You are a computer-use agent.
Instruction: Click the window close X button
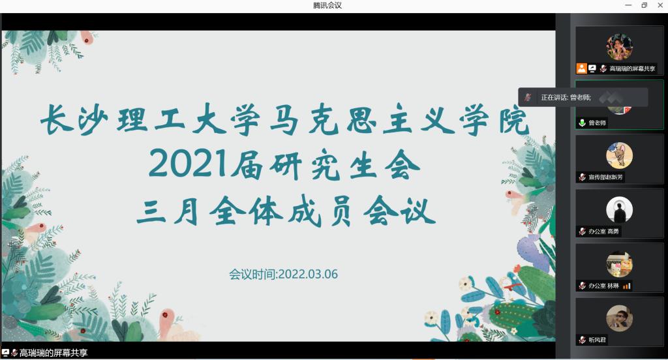[x=660, y=5]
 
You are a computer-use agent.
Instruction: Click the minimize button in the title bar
[x=628, y=5]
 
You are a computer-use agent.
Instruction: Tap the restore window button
[x=644, y=5]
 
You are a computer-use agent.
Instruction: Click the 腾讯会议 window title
[x=327, y=5]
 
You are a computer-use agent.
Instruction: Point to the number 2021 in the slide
[x=187, y=163]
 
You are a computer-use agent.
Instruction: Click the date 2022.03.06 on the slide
[x=308, y=274]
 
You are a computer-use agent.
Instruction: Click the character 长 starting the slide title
[x=56, y=119]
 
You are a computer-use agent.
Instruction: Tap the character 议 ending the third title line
[x=419, y=211]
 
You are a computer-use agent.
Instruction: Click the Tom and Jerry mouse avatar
[x=620, y=155]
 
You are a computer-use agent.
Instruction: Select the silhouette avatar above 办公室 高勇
[x=620, y=209]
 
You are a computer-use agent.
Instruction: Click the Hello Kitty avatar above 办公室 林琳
[x=620, y=264]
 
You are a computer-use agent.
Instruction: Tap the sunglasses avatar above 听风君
[x=620, y=318]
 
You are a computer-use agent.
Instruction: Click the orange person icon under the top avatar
[x=581, y=68]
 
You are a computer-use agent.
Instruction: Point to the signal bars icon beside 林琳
[x=626, y=286]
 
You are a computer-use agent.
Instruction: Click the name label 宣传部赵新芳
[x=605, y=177]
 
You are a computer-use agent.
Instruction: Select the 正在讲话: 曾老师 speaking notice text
[x=566, y=98]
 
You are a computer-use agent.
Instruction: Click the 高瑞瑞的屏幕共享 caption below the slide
[x=53, y=353]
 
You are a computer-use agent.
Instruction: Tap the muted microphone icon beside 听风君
[x=583, y=340]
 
